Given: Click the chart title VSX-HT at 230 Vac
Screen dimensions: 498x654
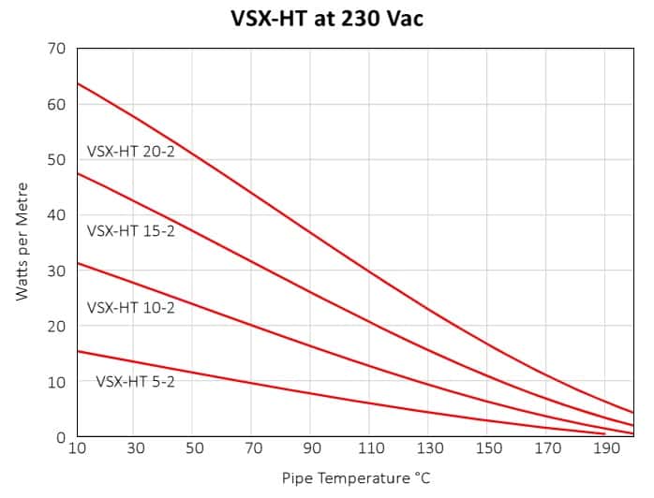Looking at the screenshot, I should [x=327, y=18].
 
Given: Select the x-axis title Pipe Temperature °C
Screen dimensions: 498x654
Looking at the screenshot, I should [x=356, y=478].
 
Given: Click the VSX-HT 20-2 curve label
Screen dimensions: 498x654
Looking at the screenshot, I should [x=131, y=151].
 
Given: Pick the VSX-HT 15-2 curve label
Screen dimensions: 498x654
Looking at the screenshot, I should [x=131, y=230].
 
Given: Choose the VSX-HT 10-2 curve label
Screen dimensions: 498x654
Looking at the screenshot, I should [x=131, y=306].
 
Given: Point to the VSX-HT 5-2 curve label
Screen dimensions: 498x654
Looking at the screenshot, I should [x=135, y=382].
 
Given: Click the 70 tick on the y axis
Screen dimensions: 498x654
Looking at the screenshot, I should [x=57, y=48].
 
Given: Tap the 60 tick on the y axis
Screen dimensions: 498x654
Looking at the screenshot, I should [x=57, y=104].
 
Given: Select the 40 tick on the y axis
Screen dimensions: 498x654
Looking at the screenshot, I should [x=57, y=214].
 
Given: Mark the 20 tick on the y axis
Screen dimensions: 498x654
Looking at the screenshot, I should [x=57, y=326].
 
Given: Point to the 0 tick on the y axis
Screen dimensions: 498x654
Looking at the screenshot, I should [x=61, y=437].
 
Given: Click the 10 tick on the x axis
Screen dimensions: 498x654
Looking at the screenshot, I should [x=77, y=448].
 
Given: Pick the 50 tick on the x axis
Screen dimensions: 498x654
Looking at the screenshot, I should [x=194, y=448].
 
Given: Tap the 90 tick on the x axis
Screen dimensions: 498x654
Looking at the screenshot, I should [x=312, y=448].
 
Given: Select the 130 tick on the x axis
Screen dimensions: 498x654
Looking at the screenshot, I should [x=429, y=448].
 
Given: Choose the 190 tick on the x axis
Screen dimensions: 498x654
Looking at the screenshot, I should [x=605, y=448].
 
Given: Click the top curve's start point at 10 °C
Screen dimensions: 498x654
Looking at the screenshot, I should [x=77, y=83].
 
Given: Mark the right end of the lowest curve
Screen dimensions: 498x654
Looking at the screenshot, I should [x=604, y=433].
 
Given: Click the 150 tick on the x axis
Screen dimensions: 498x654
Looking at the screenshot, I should [x=488, y=448].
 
